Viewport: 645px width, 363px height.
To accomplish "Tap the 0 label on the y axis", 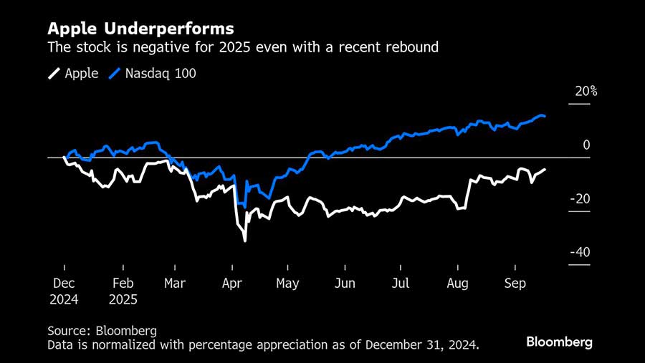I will pyautogui.click(x=586, y=145).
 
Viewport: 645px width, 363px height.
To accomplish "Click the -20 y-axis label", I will pyautogui.click(x=580, y=199).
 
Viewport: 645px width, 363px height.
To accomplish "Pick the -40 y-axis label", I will pyautogui.click(x=580, y=253).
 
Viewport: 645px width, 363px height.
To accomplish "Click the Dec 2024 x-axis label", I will pyautogui.click(x=64, y=291).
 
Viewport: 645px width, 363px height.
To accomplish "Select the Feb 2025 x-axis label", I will pyautogui.click(x=123, y=291).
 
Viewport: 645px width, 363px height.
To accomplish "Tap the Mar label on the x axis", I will pyautogui.click(x=175, y=284).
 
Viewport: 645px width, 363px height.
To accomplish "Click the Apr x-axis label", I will pyautogui.click(x=231, y=284).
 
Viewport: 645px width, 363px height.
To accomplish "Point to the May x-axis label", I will pyautogui.click(x=287, y=284).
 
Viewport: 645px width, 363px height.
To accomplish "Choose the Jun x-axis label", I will pyautogui.click(x=345, y=284).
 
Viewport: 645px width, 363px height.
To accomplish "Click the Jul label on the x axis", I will pyautogui.click(x=401, y=284).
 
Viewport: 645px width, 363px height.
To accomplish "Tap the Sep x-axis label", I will pyautogui.click(x=515, y=284).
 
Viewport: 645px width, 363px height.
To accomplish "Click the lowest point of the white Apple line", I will pyautogui.click(x=245, y=241).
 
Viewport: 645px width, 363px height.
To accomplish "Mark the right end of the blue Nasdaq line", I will pyautogui.click(x=545, y=116).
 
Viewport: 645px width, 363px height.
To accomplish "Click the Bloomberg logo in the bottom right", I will pyautogui.click(x=559, y=342).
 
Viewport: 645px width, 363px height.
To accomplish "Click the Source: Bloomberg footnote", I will pyautogui.click(x=102, y=331).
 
